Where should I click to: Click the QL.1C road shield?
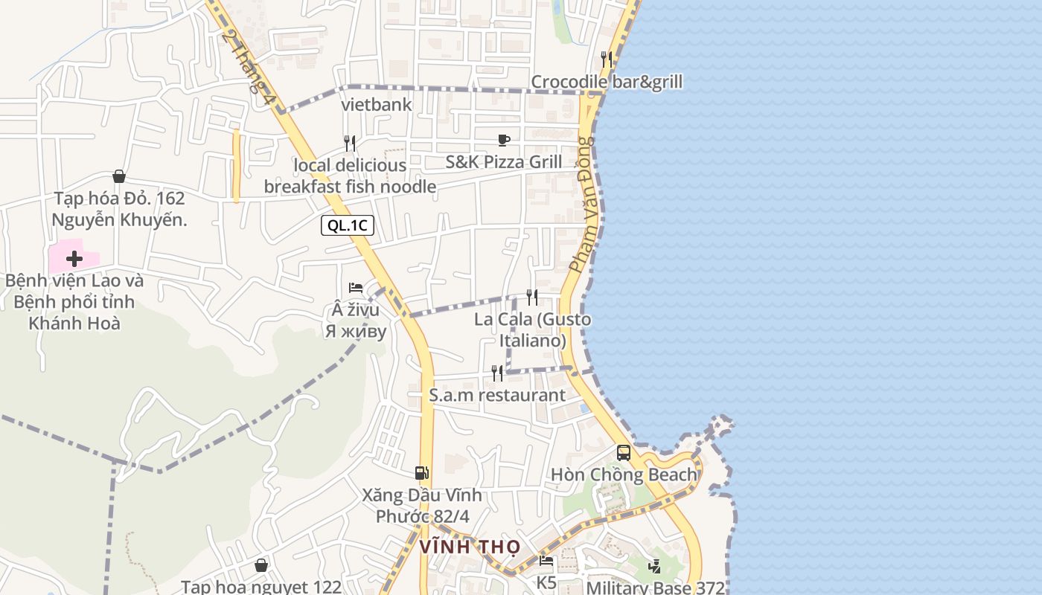[347, 225]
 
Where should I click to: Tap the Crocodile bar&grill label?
[606, 82]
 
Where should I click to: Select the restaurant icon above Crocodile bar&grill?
[607, 59]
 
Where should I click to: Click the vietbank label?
[377, 104]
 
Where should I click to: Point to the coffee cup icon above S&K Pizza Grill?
[504, 140]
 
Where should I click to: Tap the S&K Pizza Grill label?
[504, 161]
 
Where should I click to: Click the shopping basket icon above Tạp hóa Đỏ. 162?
[118, 176]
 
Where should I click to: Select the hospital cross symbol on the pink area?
[74, 259]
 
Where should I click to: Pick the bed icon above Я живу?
[356, 288]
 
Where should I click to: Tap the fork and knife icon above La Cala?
[532, 297]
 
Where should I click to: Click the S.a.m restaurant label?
[497, 395]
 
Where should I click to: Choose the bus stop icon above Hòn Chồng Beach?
[624, 452]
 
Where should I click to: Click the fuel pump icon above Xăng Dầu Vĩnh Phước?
[422, 472]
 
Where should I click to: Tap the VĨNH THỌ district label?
[470, 547]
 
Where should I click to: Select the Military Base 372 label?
[655, 588]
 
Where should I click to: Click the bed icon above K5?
[547, 561]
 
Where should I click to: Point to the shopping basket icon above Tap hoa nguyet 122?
[261, 565]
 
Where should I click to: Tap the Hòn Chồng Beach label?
[624, 475]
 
